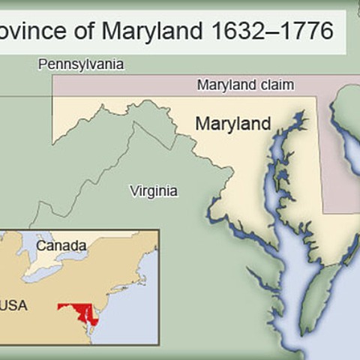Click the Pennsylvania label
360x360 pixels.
click(81, 64)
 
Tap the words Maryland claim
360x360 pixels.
click(245, 85)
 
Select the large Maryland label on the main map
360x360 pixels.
click(232, 124)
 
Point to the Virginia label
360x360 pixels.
click(154, 190)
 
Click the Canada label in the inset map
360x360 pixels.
click(61, 245)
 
